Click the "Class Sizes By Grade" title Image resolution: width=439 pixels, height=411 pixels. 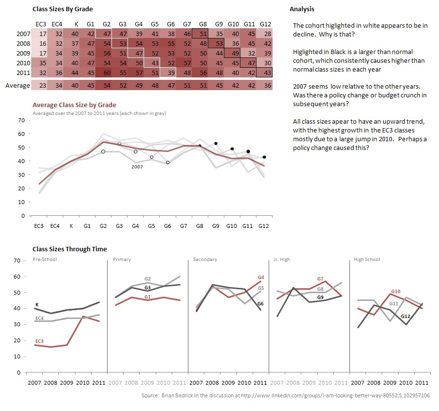click(62, 9)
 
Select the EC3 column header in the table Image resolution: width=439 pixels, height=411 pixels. click(41, 24)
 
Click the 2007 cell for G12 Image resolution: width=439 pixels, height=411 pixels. click(265, 34)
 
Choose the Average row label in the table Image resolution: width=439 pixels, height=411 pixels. click(17, 85)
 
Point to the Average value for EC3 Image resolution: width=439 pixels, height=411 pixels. click(43, 85)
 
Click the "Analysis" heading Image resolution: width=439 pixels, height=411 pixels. click(302, 9)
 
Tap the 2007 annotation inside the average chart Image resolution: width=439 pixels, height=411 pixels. click(137, 167)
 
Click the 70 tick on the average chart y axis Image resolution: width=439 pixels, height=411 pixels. click(20, 120)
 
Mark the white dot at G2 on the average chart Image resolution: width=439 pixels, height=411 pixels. click(103, 151)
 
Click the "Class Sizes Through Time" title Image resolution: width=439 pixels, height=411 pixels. click(70, 249)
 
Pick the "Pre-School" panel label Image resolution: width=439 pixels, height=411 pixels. click(45, 259)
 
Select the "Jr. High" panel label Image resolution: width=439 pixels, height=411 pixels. click(282, 259)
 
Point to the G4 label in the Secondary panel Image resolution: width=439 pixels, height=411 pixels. click(260, 277)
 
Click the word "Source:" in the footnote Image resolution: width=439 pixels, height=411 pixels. click(149, 396)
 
